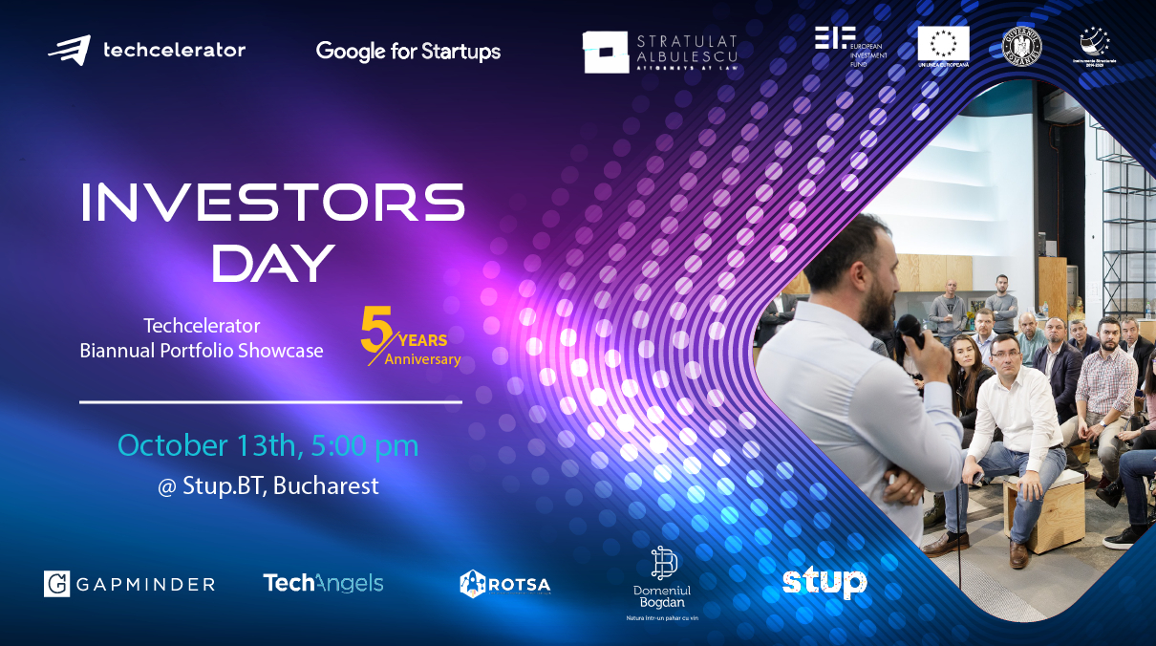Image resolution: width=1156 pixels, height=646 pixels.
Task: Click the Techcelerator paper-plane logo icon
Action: tap(70, 50)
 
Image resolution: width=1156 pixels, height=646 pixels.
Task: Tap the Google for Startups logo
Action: tap(408, 51)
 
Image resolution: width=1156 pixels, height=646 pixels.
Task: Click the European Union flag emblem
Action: tap(943, 44)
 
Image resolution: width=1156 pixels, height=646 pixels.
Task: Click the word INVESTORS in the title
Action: tap(272, 202)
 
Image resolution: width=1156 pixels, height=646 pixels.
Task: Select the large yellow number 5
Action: tap(376, 330)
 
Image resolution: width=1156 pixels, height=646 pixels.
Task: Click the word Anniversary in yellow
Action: tap(422, 360)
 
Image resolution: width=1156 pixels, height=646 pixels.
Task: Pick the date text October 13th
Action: tap(202, 445)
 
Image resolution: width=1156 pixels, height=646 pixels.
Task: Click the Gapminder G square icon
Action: tap(57, 584)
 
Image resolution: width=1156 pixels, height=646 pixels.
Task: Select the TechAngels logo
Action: tap(323, 583)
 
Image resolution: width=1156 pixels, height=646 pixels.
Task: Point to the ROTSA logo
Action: tap(505, 583)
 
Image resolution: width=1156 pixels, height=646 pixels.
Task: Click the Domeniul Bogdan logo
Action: tap(664, 583)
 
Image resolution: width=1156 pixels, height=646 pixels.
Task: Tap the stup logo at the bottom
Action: tap(824, 582)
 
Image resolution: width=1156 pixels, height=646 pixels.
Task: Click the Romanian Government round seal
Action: tap(1021, 44)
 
